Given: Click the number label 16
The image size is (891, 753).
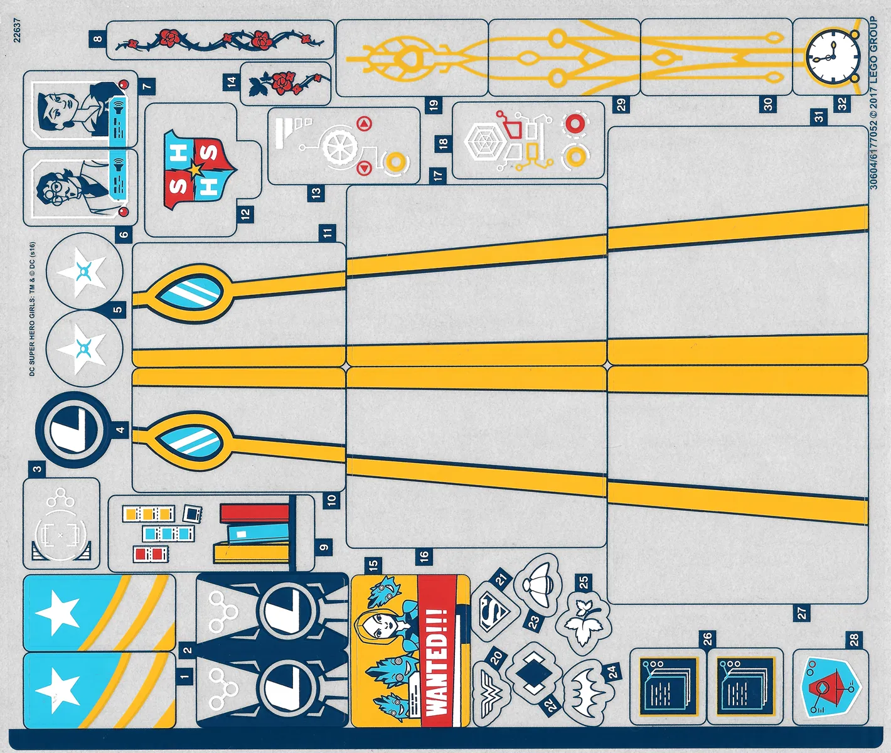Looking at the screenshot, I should [x=424, y=555].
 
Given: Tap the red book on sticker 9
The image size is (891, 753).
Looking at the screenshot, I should [x=254, y=513].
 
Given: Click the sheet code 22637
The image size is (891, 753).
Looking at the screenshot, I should [x=17, y=30].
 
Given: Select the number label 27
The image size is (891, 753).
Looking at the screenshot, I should [x=802, y=613].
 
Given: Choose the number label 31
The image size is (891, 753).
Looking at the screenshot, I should [x=819, y=117].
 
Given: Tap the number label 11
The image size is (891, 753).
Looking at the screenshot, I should [x=328, y=233].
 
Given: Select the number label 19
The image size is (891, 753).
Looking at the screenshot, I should [x=434, y=105].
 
